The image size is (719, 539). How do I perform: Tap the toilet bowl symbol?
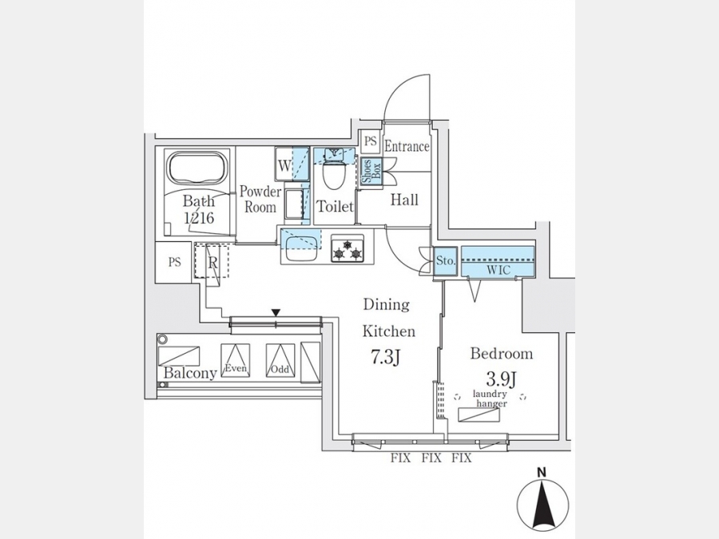334,172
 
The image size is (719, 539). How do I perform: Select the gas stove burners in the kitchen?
348,249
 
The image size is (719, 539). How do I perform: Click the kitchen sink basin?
300,248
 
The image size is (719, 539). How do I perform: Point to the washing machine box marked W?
284,164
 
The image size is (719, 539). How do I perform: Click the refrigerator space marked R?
212,261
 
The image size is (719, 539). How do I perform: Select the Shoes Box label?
371,172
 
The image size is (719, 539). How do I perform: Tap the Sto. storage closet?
445,261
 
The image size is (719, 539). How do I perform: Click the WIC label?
498,270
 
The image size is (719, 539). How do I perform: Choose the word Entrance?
407,146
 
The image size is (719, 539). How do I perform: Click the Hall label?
404,200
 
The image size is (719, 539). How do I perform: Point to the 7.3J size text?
385,357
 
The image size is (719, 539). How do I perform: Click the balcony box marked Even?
236,361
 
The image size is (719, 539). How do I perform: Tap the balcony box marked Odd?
280,361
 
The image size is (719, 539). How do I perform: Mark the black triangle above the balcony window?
276,313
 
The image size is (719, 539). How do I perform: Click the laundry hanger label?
491,398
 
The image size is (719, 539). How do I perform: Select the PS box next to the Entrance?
370,141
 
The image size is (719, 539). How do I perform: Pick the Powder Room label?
260,199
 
